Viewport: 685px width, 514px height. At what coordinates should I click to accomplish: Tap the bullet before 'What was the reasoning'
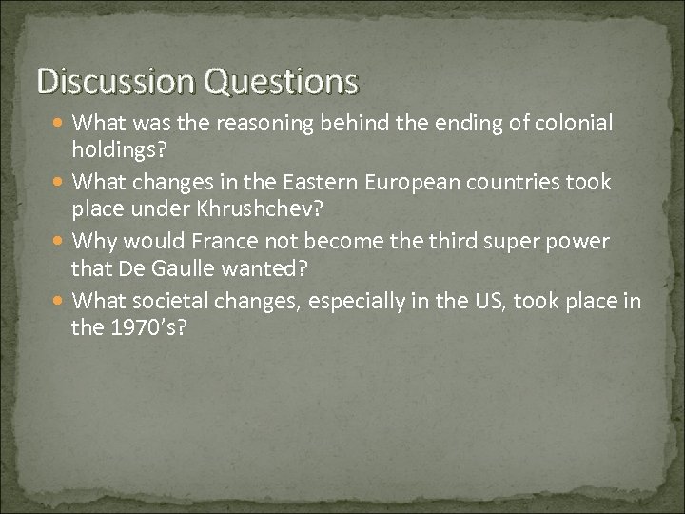tap(60, 123)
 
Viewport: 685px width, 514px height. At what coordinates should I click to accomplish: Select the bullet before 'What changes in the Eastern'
tap(60, 182)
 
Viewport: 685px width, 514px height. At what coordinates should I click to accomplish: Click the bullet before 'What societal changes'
tap(60, 302)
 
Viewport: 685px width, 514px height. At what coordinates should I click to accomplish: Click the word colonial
tap(576, 123)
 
